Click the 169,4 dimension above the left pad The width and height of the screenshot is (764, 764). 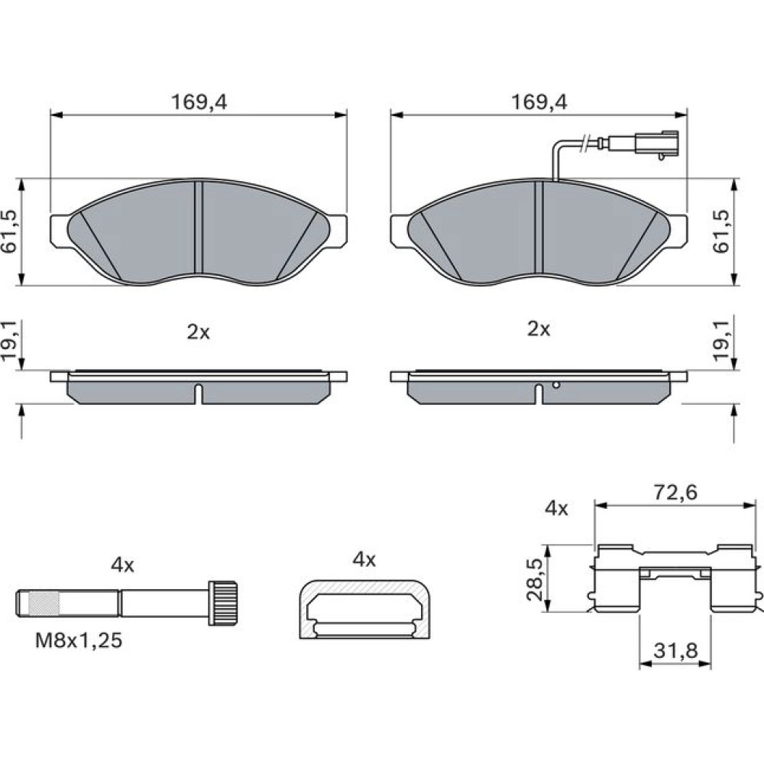[x=199, y=102]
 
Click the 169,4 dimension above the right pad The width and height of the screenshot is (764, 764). [x=539, y=102]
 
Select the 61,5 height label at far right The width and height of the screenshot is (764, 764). [x=721, y=232]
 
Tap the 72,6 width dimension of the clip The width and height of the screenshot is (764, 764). [x=675, y=493]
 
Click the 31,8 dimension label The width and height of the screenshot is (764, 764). [x=676, y=650]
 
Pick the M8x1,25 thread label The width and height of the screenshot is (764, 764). [x=79, y=640]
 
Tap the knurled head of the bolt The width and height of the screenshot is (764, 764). [x=223, y=603]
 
